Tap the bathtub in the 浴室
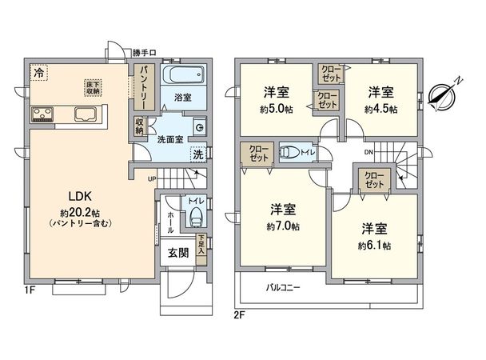pos(183,78)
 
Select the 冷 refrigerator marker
pos(38,73)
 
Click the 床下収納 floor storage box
pos(94,87)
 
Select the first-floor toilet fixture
pos(196,216)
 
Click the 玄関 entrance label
pos(177,254)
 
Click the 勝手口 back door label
pos(144,54)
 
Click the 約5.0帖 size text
pos(276,110)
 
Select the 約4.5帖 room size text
pos(380,109)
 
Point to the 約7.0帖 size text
pos(284,227)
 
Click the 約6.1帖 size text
pos(373,245)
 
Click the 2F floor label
pos(240,314)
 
